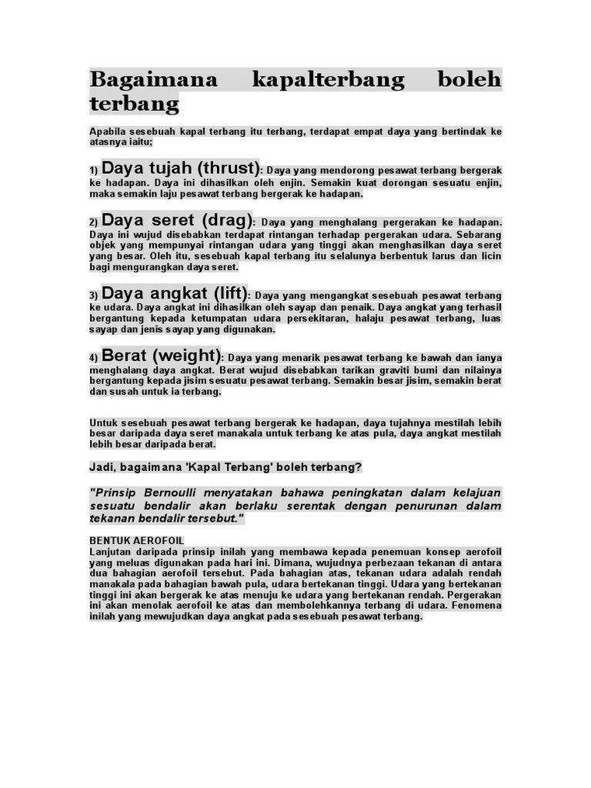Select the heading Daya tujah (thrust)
181,168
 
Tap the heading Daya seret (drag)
176,221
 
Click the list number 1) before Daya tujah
94,171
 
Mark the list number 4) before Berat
94,359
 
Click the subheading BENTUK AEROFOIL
137,541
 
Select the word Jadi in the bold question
102,467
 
